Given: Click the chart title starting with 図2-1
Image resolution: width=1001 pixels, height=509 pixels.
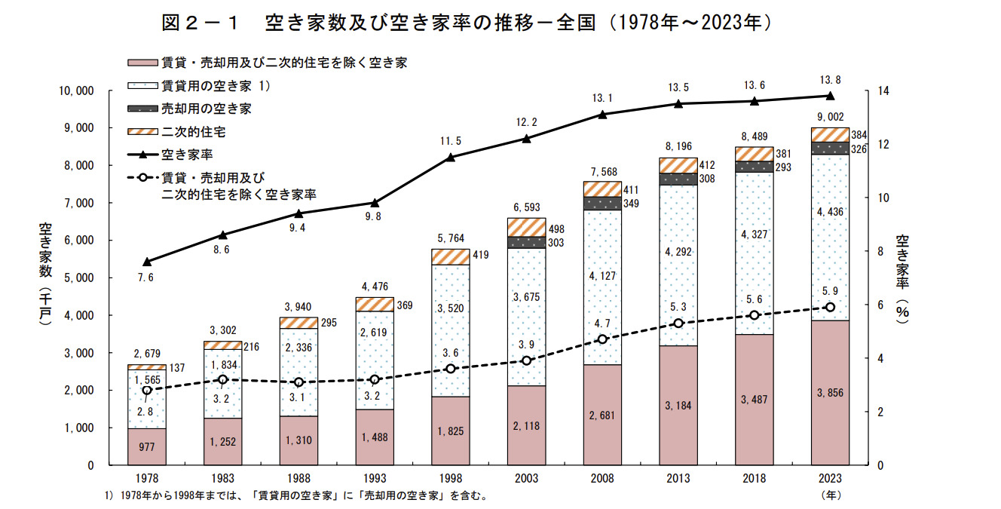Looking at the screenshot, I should coord(467,23).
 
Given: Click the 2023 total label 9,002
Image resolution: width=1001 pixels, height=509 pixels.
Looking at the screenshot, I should coord(830,116).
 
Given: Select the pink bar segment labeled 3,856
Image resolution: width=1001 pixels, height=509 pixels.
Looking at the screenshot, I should coord(830,392).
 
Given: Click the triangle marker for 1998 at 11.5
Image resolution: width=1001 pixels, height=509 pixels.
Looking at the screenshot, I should coord(451,157).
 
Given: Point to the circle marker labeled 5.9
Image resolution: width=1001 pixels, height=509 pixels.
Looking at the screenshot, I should coord(830,307).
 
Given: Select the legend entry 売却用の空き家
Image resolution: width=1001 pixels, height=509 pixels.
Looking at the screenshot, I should coord(206,109).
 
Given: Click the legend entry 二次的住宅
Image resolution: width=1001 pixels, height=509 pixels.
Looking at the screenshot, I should coord(193,132).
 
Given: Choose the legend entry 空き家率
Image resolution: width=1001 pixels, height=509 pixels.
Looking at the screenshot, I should coord(188,155).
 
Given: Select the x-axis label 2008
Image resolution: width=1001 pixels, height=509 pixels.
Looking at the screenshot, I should coord(602,479).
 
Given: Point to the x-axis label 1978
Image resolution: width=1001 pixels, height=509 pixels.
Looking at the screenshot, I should coord(146,479).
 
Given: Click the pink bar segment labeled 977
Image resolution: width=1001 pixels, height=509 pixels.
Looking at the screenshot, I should coord(146,446).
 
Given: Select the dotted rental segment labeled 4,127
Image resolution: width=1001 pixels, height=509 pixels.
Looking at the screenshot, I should coord(602,276).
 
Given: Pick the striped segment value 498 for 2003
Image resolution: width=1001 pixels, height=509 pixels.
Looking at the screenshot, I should coord(556,228).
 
